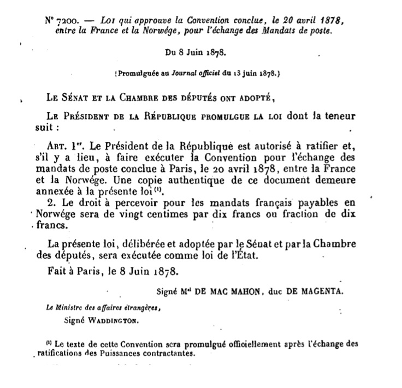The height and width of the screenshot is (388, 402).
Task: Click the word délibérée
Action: [x=130, y=242]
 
